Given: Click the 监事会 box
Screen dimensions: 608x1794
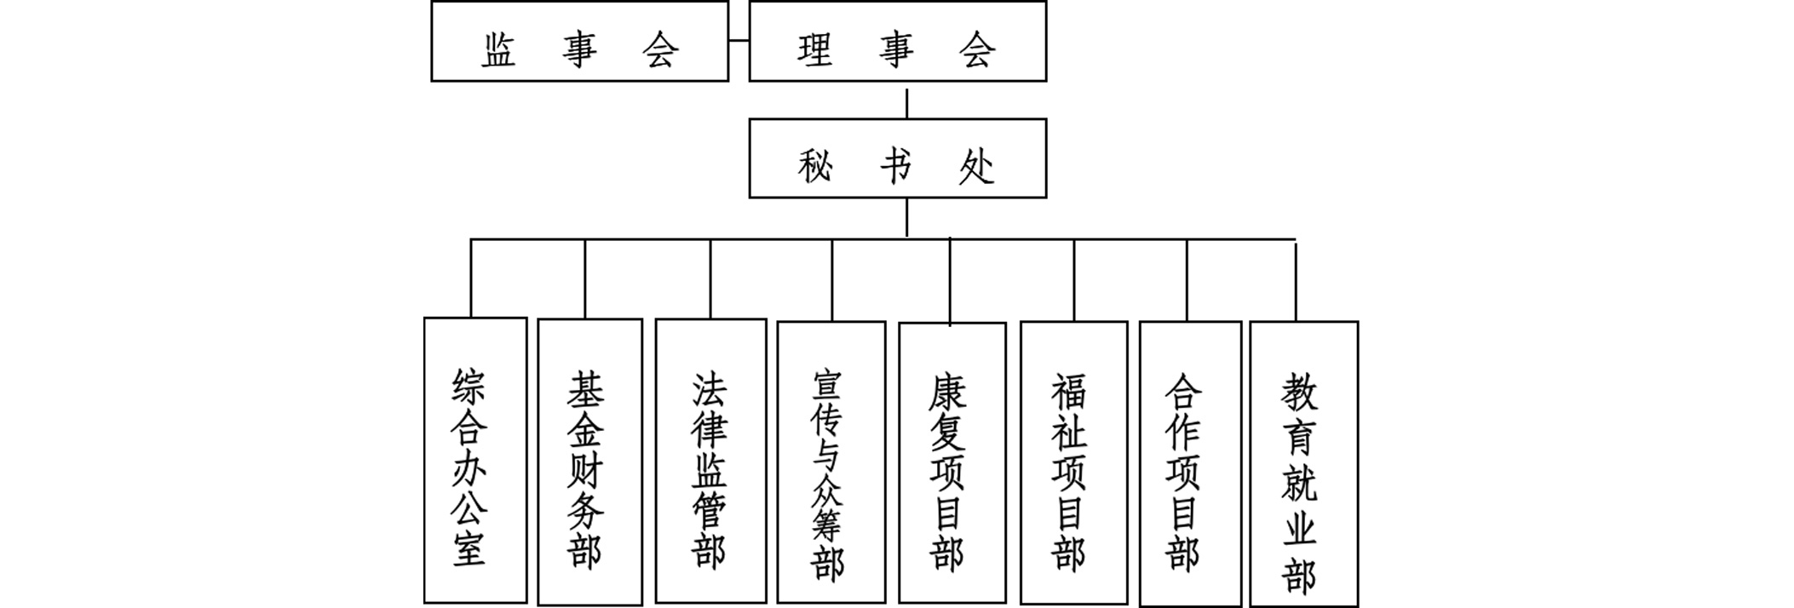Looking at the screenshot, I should [x=579, y=42].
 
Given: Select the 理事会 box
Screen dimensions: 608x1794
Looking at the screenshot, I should [x=897, y=42].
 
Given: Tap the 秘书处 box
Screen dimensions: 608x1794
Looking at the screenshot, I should [x=897, y=158].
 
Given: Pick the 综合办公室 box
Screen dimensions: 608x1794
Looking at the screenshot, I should [x=475, y=460].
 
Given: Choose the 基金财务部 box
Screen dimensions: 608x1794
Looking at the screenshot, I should [x=589, y=462].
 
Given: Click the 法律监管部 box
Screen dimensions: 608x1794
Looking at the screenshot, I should [x=710, y=461].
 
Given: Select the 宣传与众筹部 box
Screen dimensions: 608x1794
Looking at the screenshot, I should [x=831, y=462].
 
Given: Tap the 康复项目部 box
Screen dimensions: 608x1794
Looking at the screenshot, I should [x=952, y=463].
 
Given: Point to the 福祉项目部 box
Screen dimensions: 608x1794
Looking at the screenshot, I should [x=1073, y=462].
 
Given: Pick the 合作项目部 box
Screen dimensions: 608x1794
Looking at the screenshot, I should [x=1189, y=463].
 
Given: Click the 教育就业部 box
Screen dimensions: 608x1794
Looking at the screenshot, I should [x=1303, y=463].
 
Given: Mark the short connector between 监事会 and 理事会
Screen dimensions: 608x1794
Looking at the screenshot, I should [x=739, y=40].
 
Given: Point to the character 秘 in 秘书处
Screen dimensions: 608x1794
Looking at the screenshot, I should [x=815, y=165].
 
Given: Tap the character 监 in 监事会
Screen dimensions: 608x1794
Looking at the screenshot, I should [x=500, y=49].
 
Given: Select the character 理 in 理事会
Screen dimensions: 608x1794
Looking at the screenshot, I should [x=815, y=49].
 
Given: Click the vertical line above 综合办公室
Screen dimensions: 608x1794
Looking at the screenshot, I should [x=471, y=278].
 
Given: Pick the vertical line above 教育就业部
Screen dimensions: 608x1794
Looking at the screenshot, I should [x=1296, y=282].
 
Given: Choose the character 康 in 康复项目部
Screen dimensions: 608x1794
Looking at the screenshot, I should [x=948, y=393].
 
